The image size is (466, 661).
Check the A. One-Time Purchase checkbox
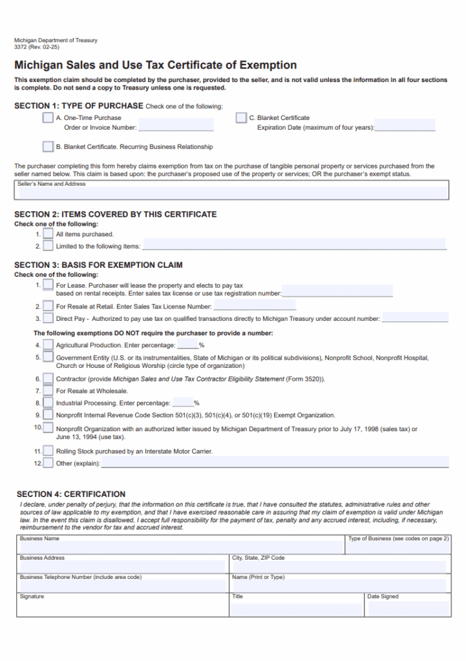(x=48, y=117)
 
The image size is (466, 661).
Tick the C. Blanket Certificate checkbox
(x=241, y=117)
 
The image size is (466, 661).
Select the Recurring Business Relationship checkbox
(x=48, y=147)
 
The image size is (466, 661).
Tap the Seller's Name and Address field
(x=231, y=192)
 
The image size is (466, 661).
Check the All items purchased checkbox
(x=48, y=234)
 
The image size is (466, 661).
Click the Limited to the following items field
(x=294, y=245)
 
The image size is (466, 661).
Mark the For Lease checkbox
(x=48, y=285)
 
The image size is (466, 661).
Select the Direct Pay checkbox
(x=48, y=318)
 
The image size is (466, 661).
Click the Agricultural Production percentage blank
(x=187, y=345)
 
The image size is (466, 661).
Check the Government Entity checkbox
(x=48, y=357)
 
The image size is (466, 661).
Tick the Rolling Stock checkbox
(x=48, y=451)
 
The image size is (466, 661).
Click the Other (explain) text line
(x=275, y=462)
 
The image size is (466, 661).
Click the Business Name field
(x=181, y=547)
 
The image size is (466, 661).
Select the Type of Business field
(x=397, y=547)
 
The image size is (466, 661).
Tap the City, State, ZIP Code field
(x=339, y=566)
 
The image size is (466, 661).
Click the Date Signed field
(x=407, y=608)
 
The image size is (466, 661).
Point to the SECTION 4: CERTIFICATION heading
(x=71, y=494)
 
